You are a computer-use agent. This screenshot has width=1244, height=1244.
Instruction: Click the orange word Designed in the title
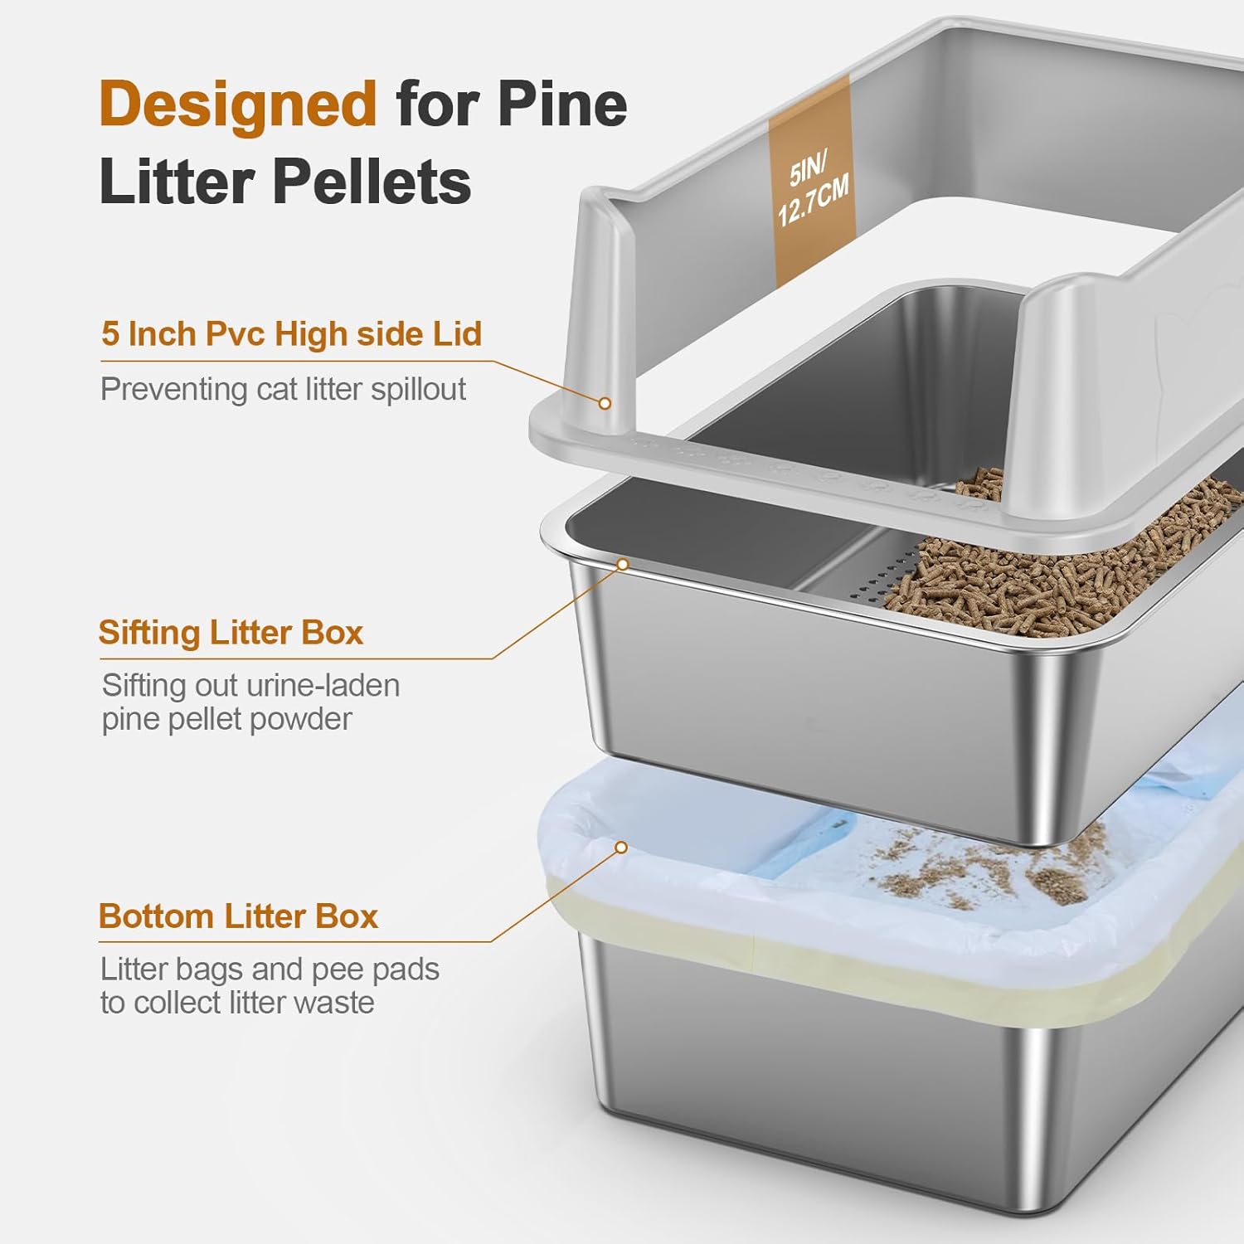click(x=238, y=104)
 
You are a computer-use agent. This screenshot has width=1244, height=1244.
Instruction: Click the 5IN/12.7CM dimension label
click(x=812, y=191)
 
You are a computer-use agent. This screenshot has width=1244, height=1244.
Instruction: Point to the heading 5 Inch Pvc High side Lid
click(x=291, y=334)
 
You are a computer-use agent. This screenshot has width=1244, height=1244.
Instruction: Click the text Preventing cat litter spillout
click(x=283, y=389)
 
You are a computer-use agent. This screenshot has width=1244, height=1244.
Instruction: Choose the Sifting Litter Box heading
click(x=231, y=633)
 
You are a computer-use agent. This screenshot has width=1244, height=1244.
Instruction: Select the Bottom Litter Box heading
click(x=238, y=916)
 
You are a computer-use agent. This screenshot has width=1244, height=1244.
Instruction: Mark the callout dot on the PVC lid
click(x=605, y=403)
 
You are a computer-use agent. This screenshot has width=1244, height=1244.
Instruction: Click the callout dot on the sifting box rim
click(x=623, y=565)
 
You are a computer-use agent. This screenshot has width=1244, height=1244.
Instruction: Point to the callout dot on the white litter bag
click(x=620, y=847)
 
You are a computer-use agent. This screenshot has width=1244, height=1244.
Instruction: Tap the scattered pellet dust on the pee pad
click(x=995, y=871)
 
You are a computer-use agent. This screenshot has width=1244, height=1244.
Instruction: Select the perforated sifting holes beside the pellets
click(x=887, y=572)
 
